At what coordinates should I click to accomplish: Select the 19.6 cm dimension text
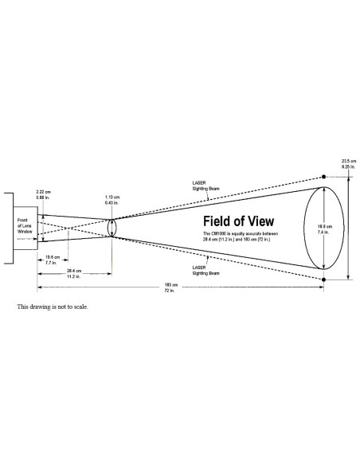pyautogui.click(x=52, y=256)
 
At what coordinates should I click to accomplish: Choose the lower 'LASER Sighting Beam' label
pyautogui.click(x=196, y=268)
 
